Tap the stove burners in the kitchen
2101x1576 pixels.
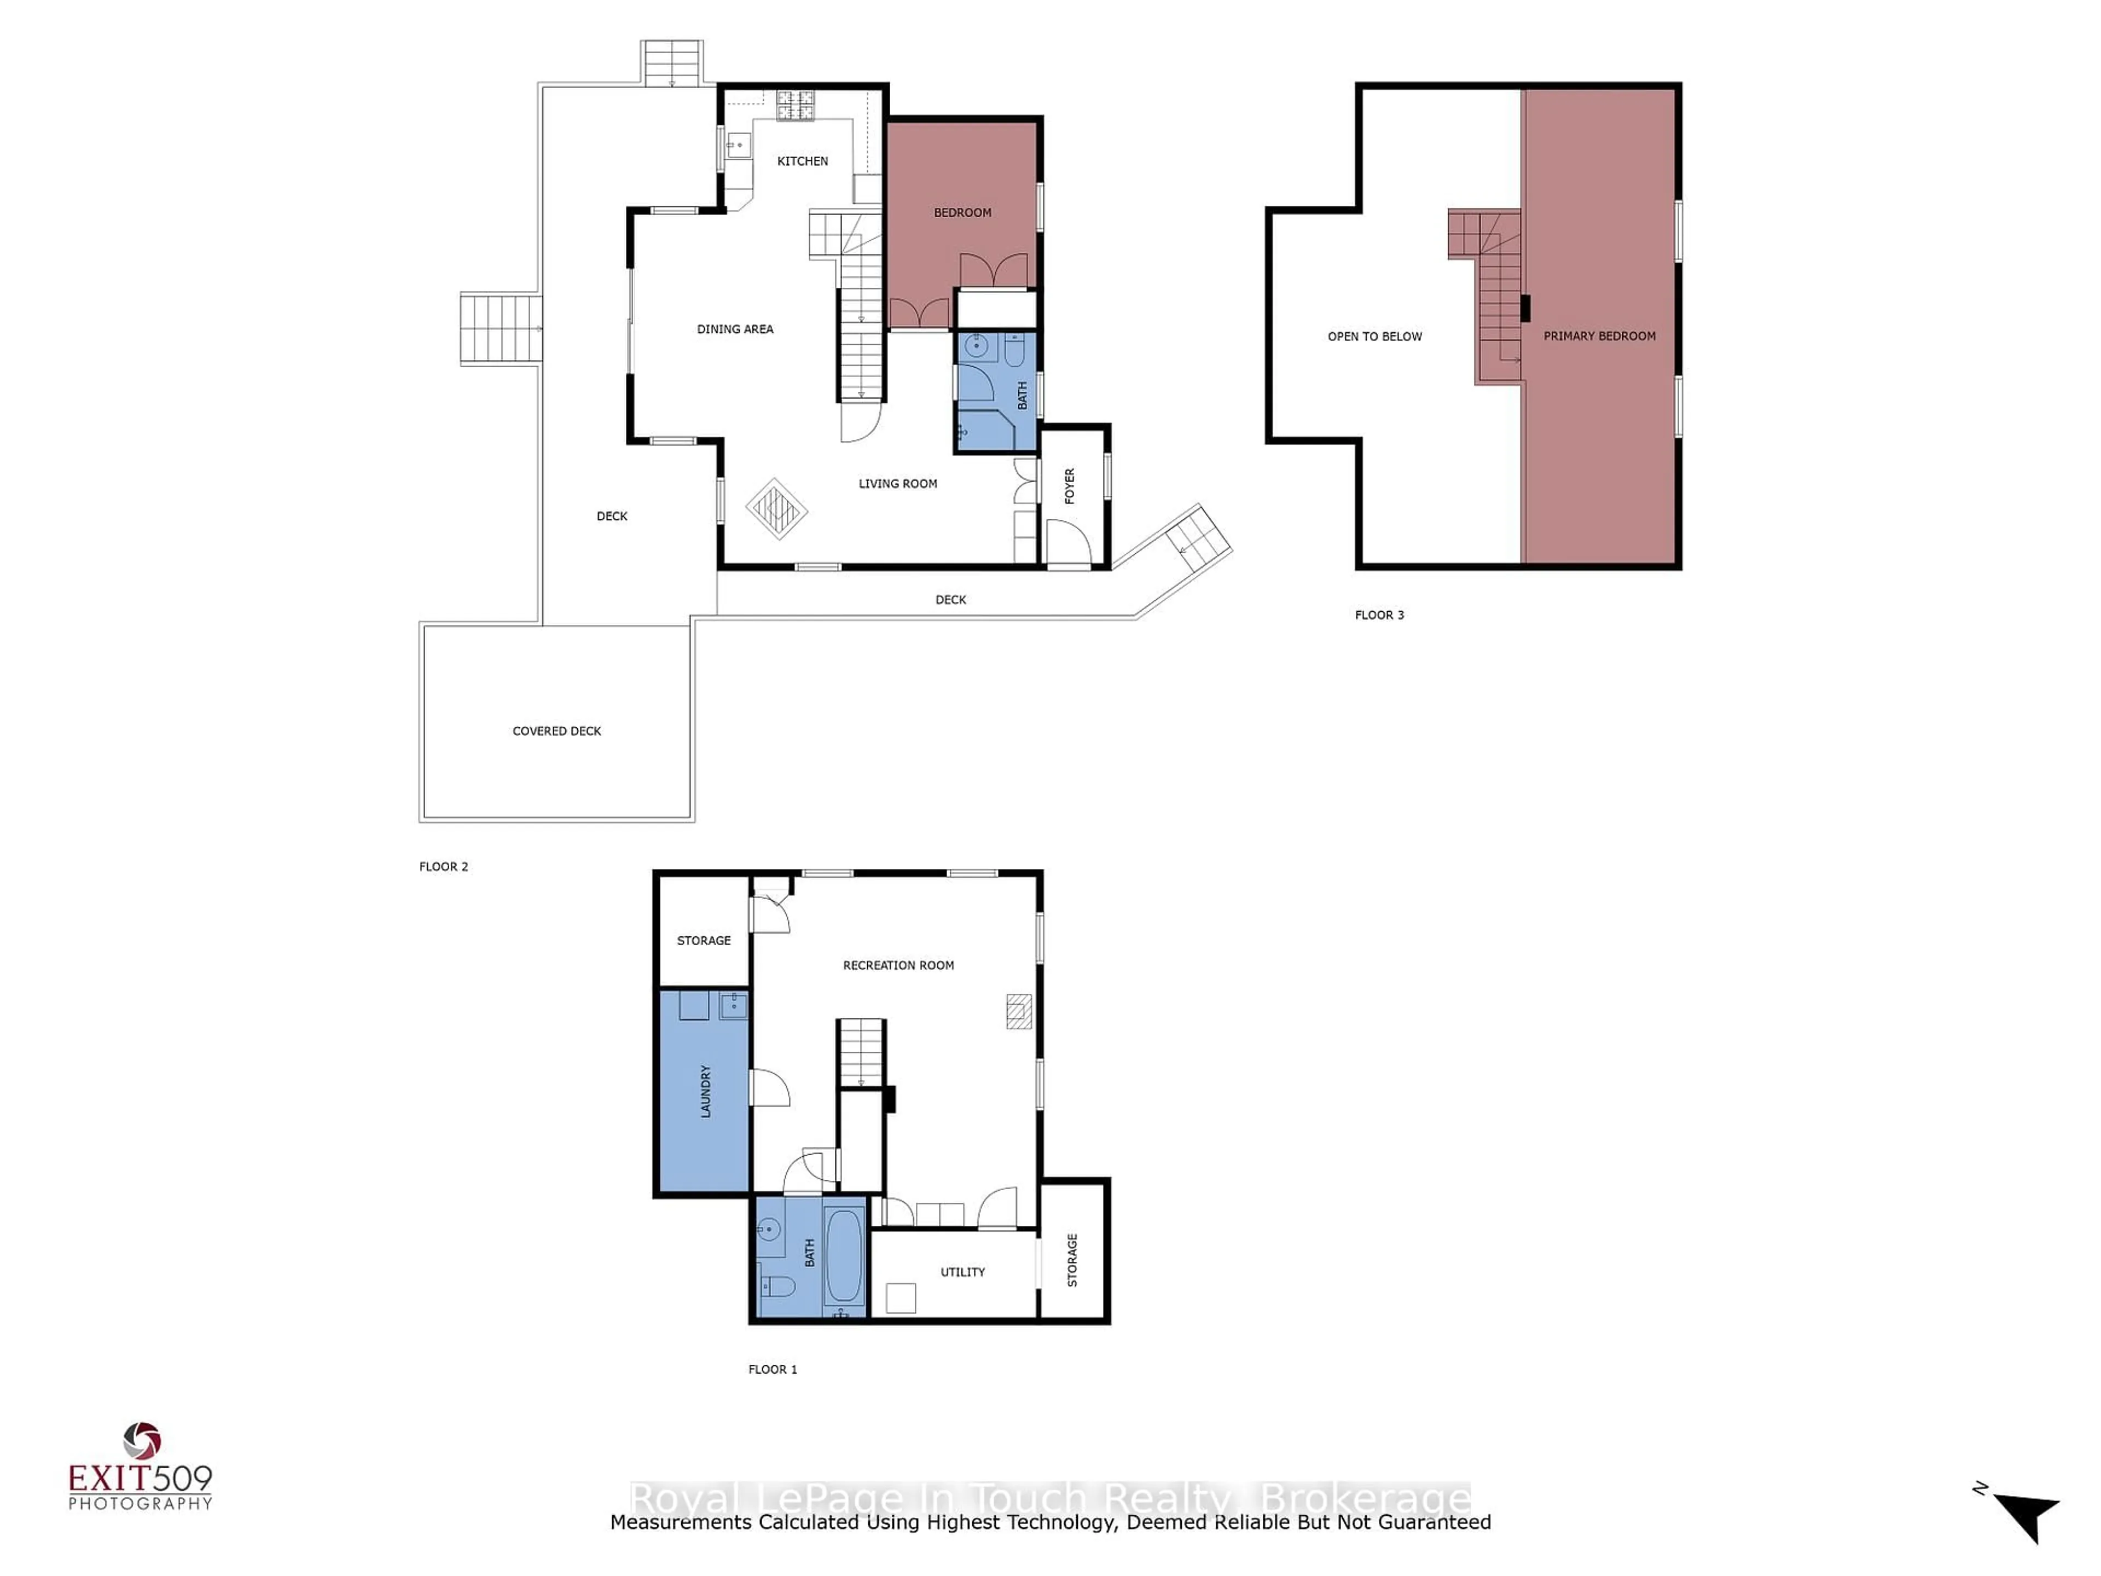[x=796, y=106]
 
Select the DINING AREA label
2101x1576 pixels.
[x=735, y=329]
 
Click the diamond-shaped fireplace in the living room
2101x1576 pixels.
[x=776, y=509]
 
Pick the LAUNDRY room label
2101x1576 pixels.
[x=706, y=1092]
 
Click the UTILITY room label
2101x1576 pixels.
[x=962, y=1272]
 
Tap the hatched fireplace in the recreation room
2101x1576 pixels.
[x=1019, y=1012]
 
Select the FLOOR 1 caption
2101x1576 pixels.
[x=773, y=1370]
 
